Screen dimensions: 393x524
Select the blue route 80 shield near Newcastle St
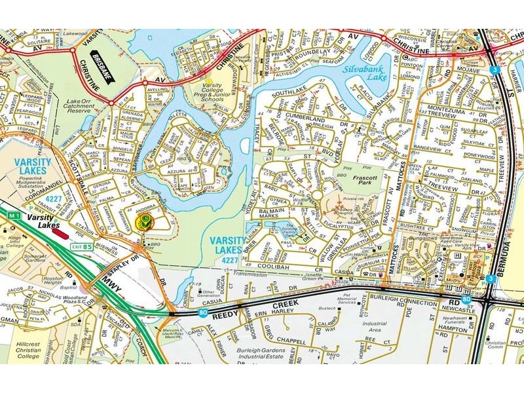(x=465, y=299)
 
